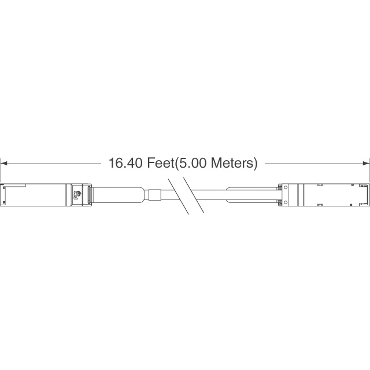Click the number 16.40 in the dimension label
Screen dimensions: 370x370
pos(125,163)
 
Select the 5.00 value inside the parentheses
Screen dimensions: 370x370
pos(193,163)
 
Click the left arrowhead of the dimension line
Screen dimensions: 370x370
pos(4,163)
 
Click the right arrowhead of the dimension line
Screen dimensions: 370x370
pos(366,163)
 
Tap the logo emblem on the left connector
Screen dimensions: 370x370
pos(77,195)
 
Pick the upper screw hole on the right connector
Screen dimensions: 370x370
pos(286,187)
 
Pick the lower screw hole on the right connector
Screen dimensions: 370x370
pos(286,202)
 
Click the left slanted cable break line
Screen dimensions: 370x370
pos(179,197)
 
